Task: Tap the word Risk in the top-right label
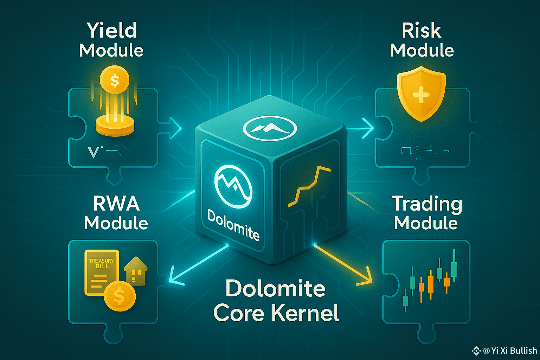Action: (422, 31)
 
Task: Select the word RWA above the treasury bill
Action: (116, 204)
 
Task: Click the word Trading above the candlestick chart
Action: (427, 204)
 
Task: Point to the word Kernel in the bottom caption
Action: (306, 313)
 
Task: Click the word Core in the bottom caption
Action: (239, 313)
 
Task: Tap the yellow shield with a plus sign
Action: (421, 93)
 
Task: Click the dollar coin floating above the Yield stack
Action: (115, 81)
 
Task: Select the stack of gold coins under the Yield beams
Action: (115, 126)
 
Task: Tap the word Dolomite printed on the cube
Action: (233, 225)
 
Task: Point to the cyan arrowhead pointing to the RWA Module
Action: (174, 278)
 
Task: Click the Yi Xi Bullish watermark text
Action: (510, 351)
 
